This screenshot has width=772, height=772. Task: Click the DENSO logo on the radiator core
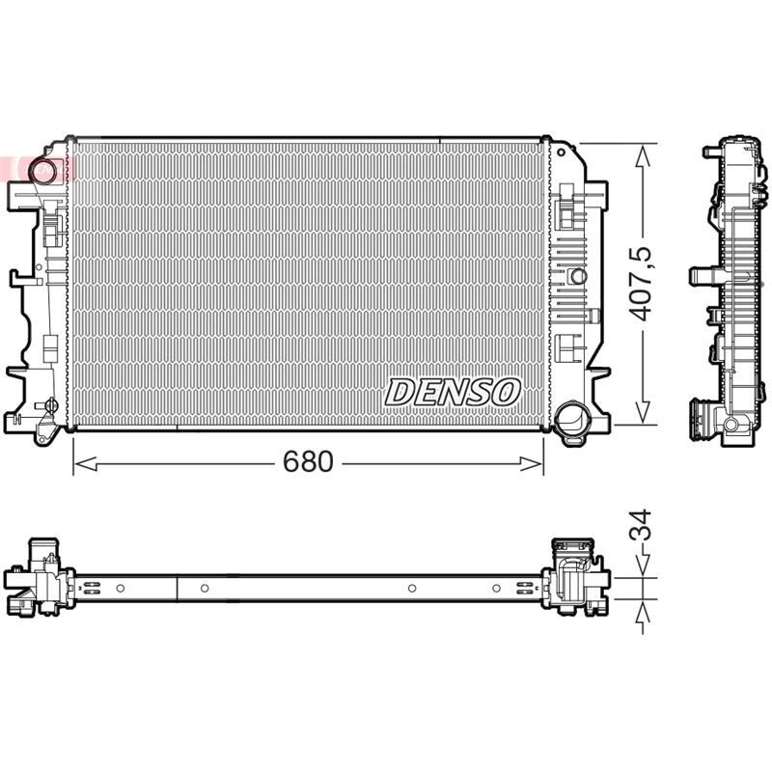click(x=454, y=392)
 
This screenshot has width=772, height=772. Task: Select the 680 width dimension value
click(x=308, y=462)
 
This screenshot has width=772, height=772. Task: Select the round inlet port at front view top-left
click(x=42, y=171)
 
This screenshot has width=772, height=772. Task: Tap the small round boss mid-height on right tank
click(x=578, y=276)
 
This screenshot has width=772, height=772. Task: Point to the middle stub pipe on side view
click(x=700, y=276)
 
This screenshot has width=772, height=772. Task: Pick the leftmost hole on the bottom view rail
click(x=121, y=588)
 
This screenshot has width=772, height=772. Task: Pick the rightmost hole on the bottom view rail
click(x=496, y=588)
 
